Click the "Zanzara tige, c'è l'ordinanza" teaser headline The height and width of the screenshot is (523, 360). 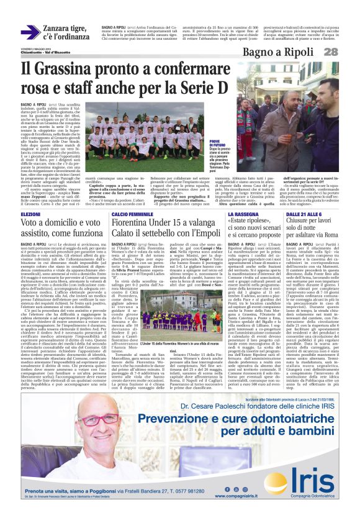point(65,32)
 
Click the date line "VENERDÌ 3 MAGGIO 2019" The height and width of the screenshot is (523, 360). point(34,48)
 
